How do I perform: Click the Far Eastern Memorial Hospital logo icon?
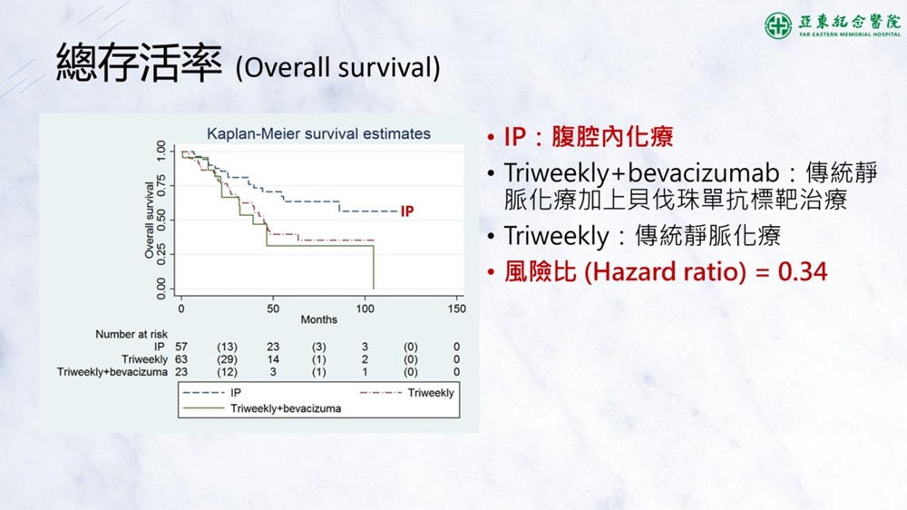pos(778,25)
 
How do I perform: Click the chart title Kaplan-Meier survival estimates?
pos(318,133)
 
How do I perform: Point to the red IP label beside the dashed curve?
pos(407,211)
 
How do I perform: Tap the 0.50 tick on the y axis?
pos(161,220)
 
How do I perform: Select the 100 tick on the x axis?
pos(365,309)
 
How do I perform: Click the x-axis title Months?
pos(318,319)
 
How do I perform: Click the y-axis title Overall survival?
pos(150,220)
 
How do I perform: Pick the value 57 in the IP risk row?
pos(181,347)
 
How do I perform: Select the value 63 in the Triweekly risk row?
pos(181,359)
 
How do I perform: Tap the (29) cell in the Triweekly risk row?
pos(227,359)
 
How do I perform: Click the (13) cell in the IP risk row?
pos(227,347)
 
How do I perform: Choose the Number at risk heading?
pos(132,334)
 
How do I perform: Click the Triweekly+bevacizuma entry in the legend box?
pos(286,408)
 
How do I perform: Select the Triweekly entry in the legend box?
pos(431,393)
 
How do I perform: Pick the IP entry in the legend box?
pos(236,393)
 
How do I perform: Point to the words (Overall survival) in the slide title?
pos(337,67)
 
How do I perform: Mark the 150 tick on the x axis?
pos(456,309)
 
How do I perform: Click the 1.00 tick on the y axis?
pos(161,151)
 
